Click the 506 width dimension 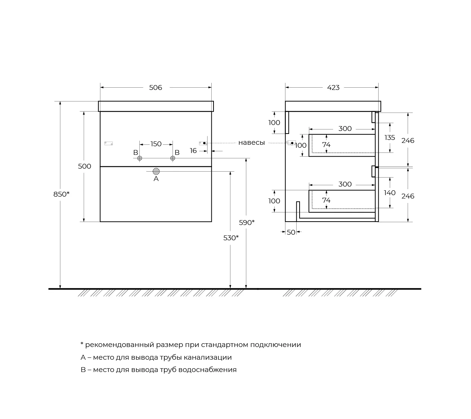[x=155, y=88]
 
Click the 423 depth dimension [x=333, y=88]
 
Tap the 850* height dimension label [x=61, y=194]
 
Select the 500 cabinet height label [x=85, y=166]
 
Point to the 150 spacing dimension [x=156, y=144]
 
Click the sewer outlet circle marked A [x=156, y=171]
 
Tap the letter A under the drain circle [x=156, y=179]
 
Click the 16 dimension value [x=193, y=151]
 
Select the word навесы [x=252, y=143]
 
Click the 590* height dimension [x=247, y=223]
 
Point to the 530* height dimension [x=231, y=238]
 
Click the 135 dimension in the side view [x=389, y=138]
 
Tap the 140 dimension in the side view [x=389, y=193]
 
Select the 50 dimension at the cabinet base [x=291, y=232]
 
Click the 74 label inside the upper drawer [x=326, y=145]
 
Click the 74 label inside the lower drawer [x=326, y=200]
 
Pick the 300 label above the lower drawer [x=345, y=184]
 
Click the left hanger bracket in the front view [x=108, y=143]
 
